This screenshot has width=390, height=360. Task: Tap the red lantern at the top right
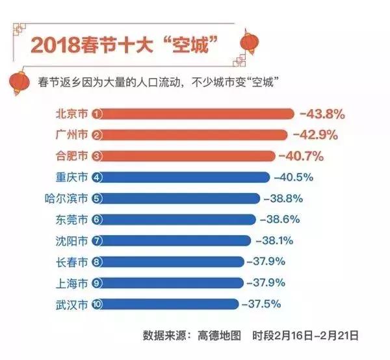[250, 42]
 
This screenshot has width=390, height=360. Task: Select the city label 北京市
[71, 114]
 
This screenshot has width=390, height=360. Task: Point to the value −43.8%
[322, 114]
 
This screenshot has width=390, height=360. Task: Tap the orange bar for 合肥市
[188, 156]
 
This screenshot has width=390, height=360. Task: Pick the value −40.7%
[300, 156]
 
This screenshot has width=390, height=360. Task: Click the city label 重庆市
[71, 177]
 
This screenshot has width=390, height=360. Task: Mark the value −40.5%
[294, 177]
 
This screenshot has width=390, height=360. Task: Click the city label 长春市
[71, 262]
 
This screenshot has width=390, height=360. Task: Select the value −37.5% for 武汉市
[262, 303]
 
